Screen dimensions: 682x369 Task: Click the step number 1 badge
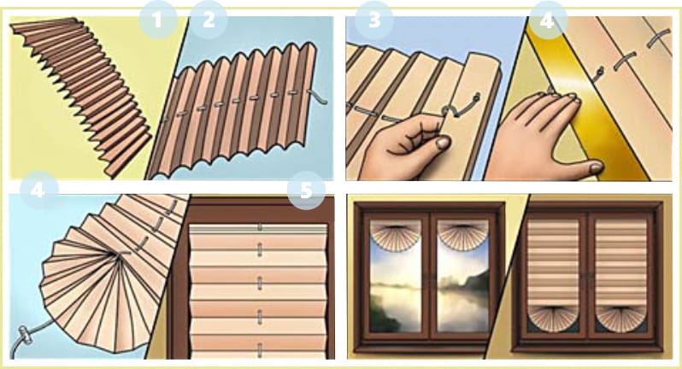click(x=158, y=20)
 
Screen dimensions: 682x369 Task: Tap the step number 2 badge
click(x=209, y=20)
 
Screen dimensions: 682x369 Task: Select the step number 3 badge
click(x=374, y=20)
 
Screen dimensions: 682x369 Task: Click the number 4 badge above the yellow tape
click(x=548, y=20)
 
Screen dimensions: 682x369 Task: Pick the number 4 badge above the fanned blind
click(x=38, y=190)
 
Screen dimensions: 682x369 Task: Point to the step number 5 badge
click(x=306, y=190)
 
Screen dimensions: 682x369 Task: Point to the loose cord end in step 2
click(x=319, y=96)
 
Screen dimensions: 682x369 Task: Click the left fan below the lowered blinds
click(x=553, y=318)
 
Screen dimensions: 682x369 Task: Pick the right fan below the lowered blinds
click(x=621, y=318)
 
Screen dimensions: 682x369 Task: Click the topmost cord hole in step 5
click(x=260, y=226)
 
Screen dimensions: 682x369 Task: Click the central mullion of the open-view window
click(x=429, y=278)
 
